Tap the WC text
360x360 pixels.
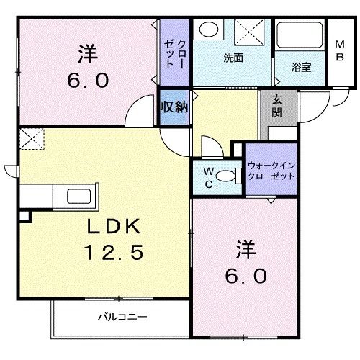click(x=207, y=176)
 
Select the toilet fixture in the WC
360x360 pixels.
click(x=230, y=176)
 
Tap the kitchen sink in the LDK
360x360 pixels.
click(x=76, y=196)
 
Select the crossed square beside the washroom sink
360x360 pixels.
click(x=249, y=33)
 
